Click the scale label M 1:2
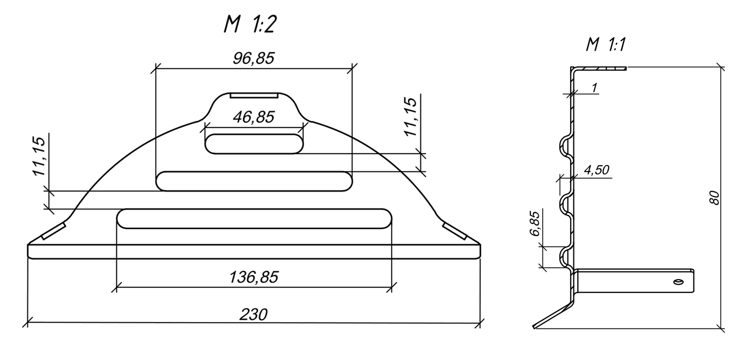pos(250,25)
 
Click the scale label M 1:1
pos(605,44)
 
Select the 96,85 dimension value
pos(254,59)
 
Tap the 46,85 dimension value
pos(254,118)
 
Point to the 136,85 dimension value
pos(254,277)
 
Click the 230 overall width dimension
pos(253,315)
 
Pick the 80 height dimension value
pos(714,198)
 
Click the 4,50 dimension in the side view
pos(596,170)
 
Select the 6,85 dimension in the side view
pos(535,224)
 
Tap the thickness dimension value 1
pos(594,88)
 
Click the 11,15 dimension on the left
pos(40,156)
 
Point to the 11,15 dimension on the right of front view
pos(411,117)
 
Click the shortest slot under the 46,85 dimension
pos(254,144)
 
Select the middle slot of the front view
pos(254,181)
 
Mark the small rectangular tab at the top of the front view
pos(254,96)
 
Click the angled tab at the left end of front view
pos(54,231)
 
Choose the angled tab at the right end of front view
pos(454,231)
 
